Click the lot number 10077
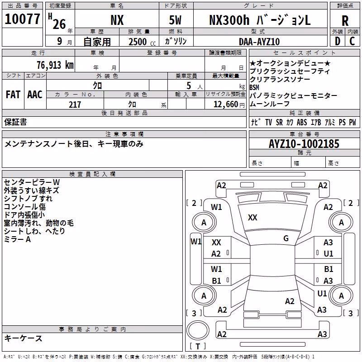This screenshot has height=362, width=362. click(22, 19)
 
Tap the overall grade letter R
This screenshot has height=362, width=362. click(345, 21)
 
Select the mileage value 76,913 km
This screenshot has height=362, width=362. click(55, 65)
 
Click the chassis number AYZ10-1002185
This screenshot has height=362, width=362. click(304, 144)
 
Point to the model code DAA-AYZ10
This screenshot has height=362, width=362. click(259, 42)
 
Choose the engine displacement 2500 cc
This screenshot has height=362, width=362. click(142, 42)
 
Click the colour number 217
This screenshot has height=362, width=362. click(75, 105)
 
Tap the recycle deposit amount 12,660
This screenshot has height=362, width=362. click(225, 105)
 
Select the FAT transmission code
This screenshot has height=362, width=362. click(13, 95)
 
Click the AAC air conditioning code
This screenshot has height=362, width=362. click(35, 95)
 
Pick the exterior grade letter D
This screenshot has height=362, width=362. click(338, 41)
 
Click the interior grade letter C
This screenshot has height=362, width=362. click(352, 41)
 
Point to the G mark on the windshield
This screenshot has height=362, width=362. click(286, 238)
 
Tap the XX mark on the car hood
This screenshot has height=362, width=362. click(252, 218)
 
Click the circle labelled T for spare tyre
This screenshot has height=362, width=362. click(198, 330)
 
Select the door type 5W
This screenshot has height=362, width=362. click(175, 20)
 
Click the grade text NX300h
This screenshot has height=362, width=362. click(229, 20)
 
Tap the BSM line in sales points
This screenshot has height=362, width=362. click(254, 87)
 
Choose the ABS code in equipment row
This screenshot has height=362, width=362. click(302, 122)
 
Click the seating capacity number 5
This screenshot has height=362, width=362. click(189, 86)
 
